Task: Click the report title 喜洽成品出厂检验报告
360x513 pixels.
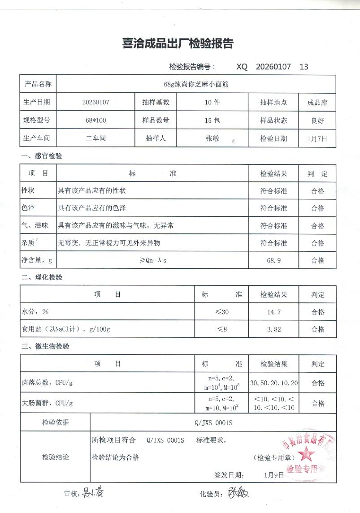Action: tap(178, 43)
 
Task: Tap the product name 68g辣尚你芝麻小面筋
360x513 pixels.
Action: tap(196, 84)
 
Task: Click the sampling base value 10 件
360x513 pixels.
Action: tap(212, 102)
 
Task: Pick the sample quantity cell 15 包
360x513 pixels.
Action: tap(212, 121)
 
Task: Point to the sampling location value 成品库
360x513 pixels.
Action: tap(317, 102)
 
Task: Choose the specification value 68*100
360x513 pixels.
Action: tap(95, 121)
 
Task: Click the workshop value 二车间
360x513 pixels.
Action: tap(95, 138)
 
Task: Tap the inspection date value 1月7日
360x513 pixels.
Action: tap(317, 138)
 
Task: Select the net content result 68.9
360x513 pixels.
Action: tap(273, 260)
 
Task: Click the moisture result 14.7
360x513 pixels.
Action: tap(273, 312)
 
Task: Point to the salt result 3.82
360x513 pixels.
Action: tap(273, 329)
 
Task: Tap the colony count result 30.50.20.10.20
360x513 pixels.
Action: tap(273, 383)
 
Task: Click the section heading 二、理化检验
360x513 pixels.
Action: tap(42, 277)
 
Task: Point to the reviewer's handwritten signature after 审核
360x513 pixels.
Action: tap(93, 494)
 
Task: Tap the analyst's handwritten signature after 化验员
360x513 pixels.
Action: tap(239, 494)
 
